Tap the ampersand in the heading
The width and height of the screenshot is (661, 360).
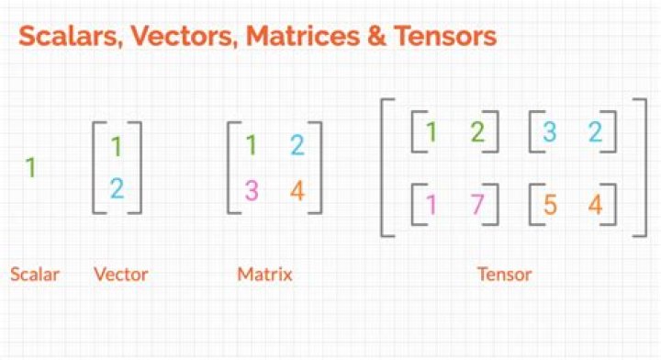[376, 36]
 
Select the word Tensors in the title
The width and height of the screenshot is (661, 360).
[445, 36]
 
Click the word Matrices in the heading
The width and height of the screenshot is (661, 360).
[303, 36]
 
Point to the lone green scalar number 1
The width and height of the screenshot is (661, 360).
[30, 167]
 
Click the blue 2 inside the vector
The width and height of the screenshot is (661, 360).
[118, 188]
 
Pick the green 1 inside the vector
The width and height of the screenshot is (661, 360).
[117, 147]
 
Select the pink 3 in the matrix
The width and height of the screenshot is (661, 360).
[252, 190]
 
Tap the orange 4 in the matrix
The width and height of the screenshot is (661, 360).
[297, 190]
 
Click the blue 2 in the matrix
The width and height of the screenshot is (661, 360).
[297, 145]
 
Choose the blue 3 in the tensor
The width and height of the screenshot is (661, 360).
[550, 131]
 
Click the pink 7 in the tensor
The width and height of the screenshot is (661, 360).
[477, 204]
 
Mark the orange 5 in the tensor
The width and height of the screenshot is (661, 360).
[550, 205]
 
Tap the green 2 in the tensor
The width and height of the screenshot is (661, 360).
[477, 131]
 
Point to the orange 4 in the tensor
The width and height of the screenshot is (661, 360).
[595, 205]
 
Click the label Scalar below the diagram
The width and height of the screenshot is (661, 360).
[35, 275]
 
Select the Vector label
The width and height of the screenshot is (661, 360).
[121, 275]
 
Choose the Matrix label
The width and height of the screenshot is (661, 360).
[264, 275]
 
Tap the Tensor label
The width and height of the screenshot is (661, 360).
[505, 275]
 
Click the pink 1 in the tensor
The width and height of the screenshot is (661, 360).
[431, 204]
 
